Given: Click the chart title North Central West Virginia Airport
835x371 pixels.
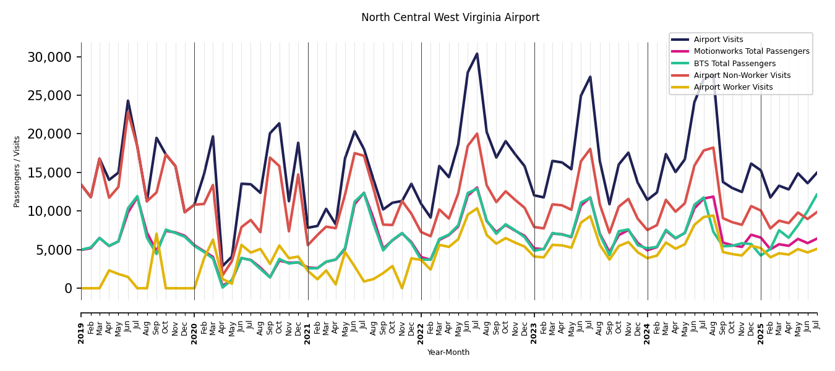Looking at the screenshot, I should [450, 18].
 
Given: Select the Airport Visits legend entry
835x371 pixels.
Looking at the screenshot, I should [718, 40].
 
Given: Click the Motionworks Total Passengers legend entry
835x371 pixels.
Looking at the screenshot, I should [751, 51].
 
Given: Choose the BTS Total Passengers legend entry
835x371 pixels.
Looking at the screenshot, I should [734, 64].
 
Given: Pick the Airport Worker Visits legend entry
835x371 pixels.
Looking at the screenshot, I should [733, 87].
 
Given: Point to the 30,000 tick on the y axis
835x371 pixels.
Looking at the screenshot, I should [49, 58].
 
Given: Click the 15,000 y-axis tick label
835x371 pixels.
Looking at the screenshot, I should [49, 173].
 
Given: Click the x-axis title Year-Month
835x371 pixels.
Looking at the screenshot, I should [448, 352].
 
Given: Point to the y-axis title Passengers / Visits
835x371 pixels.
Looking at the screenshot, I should [17, 171].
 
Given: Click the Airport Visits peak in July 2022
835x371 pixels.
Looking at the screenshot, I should [477, 54].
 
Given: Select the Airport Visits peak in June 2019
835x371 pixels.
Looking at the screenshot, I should [128, 101].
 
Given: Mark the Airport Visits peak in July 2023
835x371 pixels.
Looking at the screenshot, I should [590, 77].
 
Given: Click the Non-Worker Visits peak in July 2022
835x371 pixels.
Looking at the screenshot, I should [477, 134].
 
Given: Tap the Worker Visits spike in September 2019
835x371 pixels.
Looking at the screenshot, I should [156, 234].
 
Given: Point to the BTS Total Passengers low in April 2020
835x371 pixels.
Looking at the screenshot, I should [223, 287].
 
